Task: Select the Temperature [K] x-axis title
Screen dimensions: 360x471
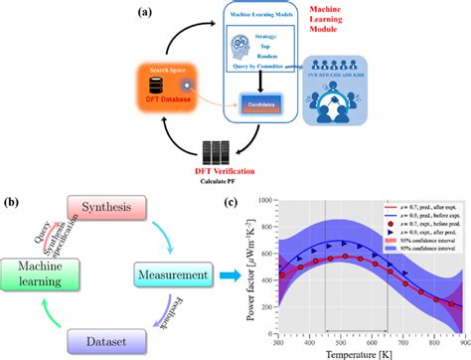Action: pos(374,352)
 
